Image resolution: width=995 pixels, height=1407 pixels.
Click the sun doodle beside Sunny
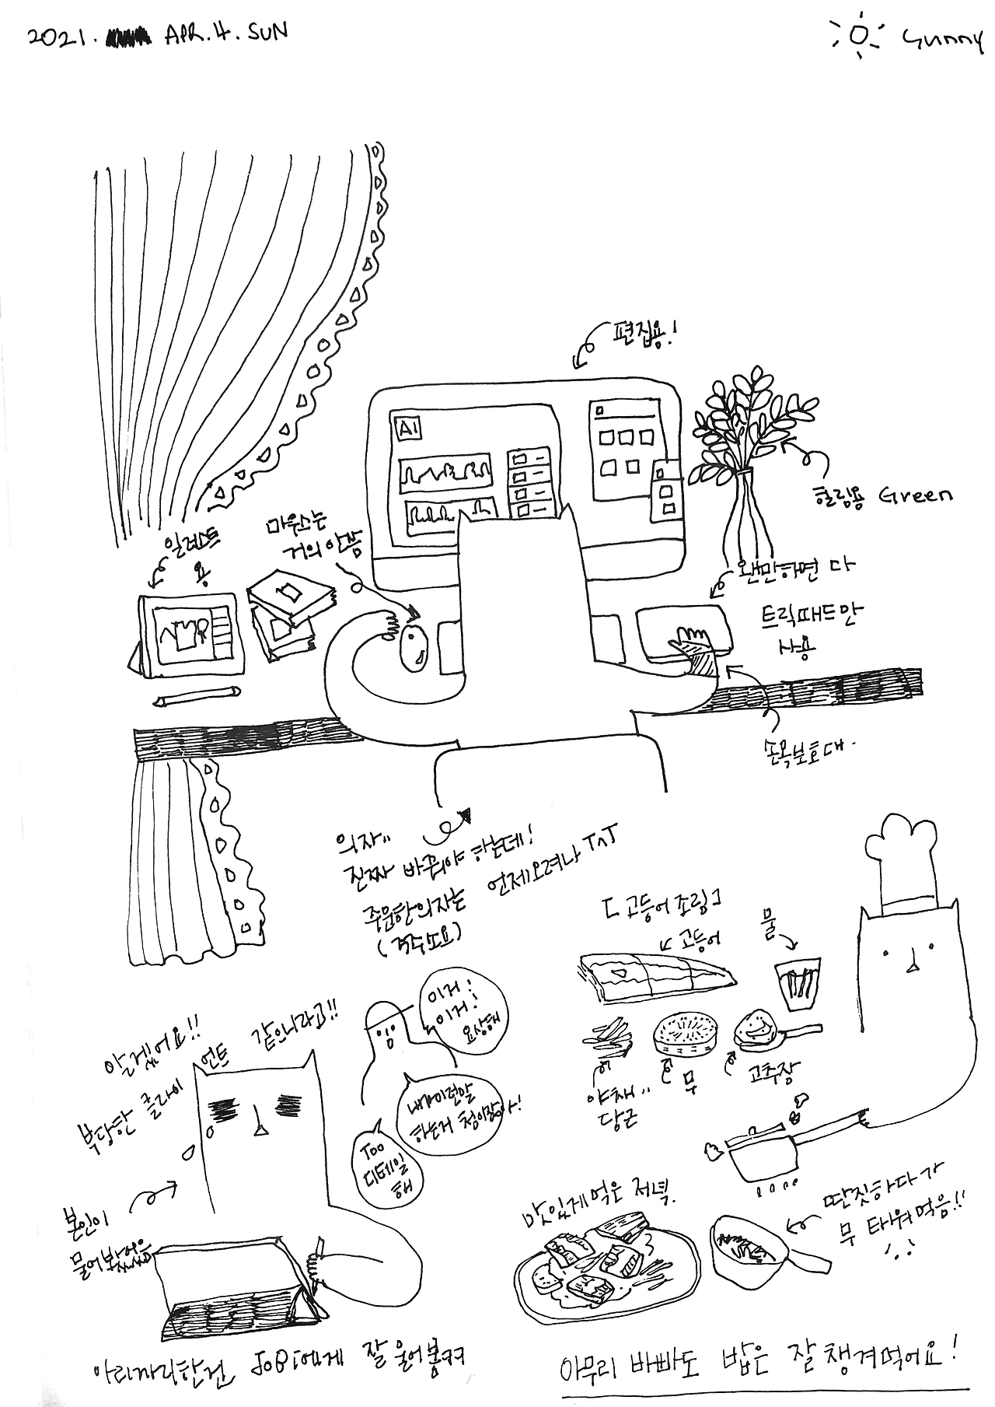(x=858, y=37)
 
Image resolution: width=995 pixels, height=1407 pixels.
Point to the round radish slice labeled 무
(x=683, y=1034)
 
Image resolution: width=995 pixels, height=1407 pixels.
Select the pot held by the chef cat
(x=764, y=1157)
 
